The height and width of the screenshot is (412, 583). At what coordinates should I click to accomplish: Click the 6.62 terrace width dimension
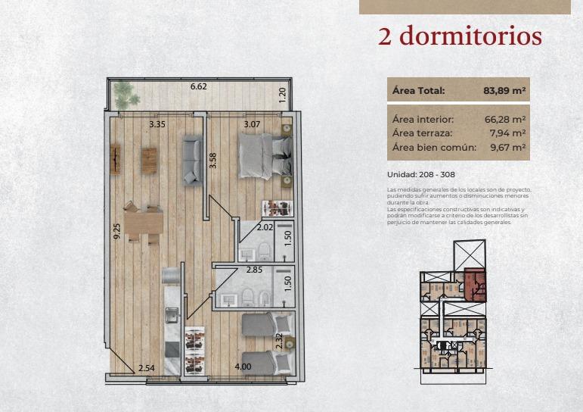pyautogui.click(x=199, y=86)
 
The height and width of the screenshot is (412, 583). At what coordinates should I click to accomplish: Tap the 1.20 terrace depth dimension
pyautogui.click(x=283, y=95)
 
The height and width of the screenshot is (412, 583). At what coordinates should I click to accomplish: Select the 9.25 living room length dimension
pyautogui.click(x=116, y=231)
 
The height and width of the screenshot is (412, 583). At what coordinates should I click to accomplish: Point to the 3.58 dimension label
pyautogui.click(x=212, y=161)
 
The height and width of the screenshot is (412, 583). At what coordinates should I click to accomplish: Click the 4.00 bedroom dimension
pyautogui.click(x=243, y=367)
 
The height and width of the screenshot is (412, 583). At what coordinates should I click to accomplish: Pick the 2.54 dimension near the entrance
pyautogui.click(x=147, y=368)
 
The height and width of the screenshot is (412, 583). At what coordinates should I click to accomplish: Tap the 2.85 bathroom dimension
pyautogui.click(x=254, y=270)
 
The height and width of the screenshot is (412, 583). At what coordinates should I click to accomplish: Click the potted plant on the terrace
pyautogui.click(x=126, y=95)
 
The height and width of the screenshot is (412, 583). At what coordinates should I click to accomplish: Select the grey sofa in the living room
pyautogui.click(x=192, y=161)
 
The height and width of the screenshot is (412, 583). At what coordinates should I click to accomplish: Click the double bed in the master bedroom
pyautogui.click(x=265, y=156)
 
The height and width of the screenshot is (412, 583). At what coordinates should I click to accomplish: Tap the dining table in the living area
pyautogui.click(x=144, y=223)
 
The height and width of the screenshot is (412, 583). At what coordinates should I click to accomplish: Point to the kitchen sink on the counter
pyautogui.click(x=172, y=315)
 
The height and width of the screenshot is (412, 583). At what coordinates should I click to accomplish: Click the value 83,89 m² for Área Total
pyautogui.click(x=504, y=91)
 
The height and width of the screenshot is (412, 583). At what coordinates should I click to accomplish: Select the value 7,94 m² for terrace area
pyautogui.click(x=507, y=133)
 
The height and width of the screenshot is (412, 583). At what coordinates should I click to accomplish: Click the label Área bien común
pyautogui.click(x=434, y=147)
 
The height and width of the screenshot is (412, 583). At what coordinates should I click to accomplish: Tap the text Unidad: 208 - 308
pyautogui.click(x=421, y=174)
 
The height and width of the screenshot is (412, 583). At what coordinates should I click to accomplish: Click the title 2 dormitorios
pyautogui.click(x=460, y=36)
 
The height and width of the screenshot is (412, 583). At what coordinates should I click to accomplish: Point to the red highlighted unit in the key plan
pyautogui.click(x=475, y=285)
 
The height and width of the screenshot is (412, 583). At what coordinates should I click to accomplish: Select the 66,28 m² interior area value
pyautogui.click(x=505, y=119)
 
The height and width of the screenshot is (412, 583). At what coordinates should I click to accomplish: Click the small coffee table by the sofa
pyautogui.click(x=149, y=161)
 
